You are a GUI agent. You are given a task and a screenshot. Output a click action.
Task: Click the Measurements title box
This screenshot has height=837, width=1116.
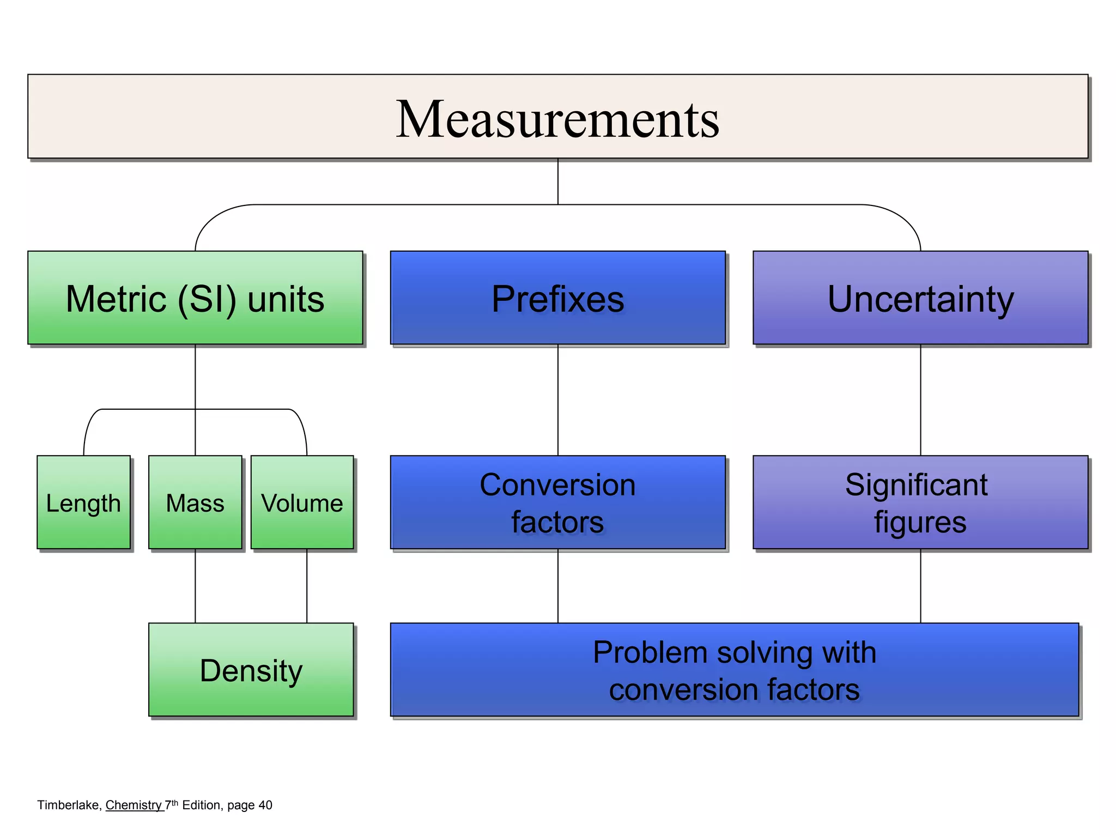(x=557, y=117)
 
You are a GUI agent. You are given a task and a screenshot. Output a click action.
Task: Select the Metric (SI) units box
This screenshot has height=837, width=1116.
(x=195, y=298)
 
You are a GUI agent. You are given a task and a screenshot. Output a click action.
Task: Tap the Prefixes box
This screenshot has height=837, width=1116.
(x=557, y=298)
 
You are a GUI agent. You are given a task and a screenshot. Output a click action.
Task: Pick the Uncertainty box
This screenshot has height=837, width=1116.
(x=920, y=298)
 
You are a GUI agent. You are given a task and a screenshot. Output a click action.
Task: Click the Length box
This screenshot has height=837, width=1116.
(x=83, y=502)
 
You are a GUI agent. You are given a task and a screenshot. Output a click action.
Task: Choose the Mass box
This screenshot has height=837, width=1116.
(x=195, y=502)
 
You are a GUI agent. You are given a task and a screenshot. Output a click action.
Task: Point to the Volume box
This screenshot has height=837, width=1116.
(x=302, y=502)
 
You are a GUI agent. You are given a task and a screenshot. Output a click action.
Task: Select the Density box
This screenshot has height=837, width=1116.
(x=251, y=670)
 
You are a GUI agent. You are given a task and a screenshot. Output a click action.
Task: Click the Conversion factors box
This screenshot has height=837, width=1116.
(x=557, y=502)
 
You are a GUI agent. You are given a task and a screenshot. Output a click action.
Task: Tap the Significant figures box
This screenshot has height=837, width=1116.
(x=920, y=502)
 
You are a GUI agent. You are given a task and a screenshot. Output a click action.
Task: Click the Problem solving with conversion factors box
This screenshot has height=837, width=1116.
(x=734, y=670)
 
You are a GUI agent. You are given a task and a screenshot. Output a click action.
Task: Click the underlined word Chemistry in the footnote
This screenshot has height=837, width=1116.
(x=134, y=805)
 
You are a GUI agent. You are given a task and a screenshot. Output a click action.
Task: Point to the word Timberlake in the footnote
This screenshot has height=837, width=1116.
(x=68, y=805)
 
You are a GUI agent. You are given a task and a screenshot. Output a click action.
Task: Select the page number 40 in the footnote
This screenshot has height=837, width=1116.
(x=265, y=805)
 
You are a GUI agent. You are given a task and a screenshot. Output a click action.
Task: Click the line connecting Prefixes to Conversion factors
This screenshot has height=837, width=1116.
(x=558, y=401)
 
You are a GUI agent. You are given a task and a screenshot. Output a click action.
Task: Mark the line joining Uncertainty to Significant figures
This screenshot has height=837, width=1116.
(x=921, y=401)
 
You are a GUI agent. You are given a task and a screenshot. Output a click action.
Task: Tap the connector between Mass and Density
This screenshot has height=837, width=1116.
(x=195, y=586)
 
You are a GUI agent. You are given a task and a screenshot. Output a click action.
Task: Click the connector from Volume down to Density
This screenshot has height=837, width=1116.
(x=307, y=586)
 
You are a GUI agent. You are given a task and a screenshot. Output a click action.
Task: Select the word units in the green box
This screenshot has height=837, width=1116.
(x=286, y=299)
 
